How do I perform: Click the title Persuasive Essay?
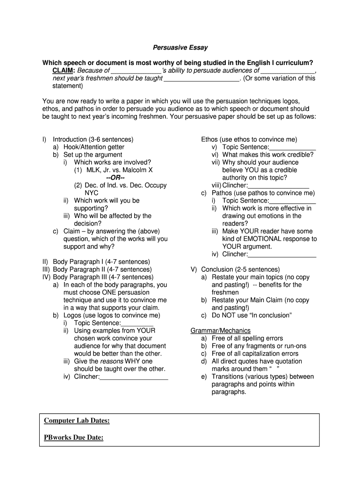click(180, 48)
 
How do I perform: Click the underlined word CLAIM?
click(63, 71)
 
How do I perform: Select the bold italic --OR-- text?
click(115, 178)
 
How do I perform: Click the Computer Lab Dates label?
click(77, 421)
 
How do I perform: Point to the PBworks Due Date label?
click(73, 437)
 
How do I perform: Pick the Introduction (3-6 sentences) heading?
click(93, 139)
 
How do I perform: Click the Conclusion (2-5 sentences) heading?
click(240, 269)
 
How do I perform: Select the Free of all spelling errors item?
click(247, 338)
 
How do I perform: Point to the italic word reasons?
click(112, 361)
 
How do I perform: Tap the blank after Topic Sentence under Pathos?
click(293, 201)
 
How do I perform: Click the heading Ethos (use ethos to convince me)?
click(249, 139)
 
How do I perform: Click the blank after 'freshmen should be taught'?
click(201, 79)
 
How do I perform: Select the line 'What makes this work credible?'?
click(268, 155)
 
